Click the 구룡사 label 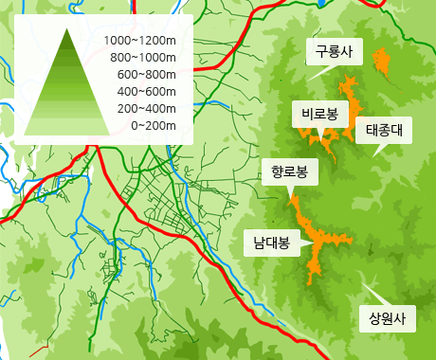tap(333, 52)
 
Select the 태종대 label tap(384, 131)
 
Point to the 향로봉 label tap(289, 172)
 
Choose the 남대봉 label tap(271, 242)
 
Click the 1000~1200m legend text tap(140, 41)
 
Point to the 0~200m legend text tap(153, 125)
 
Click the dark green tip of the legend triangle tap(67, 38)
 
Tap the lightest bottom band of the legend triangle tap(67, 129)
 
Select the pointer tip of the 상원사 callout tap(364, 279)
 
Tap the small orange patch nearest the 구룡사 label tap(382, 61)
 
